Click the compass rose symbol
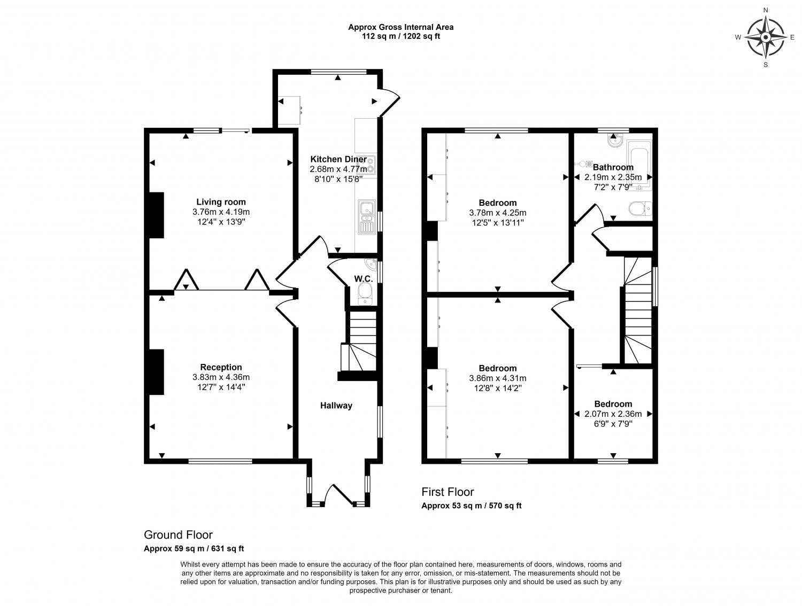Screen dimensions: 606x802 click(765, 37)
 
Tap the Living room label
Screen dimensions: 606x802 click(221, 202)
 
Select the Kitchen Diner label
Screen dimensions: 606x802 click(338, 159)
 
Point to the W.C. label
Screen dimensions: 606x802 click(363, 278)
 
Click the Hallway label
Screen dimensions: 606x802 click(336, 406)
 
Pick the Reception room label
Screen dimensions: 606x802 click(221, 367)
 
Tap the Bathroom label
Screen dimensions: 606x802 click(613, 167)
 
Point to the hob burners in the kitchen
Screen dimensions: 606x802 click(371, 164)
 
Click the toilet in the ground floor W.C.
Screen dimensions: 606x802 click(365, 292)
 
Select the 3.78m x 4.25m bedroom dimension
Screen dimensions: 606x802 click(498, 213)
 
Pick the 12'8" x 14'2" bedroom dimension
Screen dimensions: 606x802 click(498, 388)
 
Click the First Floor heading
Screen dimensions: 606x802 click(448, 492)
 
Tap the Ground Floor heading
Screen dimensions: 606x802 click(178, 535)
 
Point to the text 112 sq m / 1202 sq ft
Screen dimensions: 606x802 click(401, 36)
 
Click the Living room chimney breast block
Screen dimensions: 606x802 click(156, 215)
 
